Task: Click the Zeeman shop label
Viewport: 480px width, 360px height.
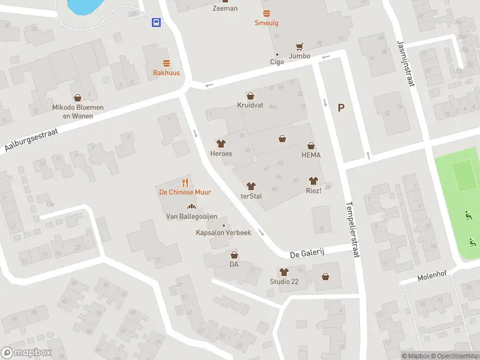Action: (225, 8)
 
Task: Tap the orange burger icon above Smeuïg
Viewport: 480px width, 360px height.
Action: (266, 13)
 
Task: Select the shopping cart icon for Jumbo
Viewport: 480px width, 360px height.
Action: (299, 46)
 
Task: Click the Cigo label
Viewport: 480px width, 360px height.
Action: (277, 61)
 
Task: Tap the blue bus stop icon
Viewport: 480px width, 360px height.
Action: (156, 23)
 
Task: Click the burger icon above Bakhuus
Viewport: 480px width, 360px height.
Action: (166, 63)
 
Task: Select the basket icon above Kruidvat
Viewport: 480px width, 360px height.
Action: (250, 95)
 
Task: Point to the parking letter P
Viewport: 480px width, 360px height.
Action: (341, 108)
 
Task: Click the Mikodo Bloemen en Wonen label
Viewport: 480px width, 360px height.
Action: (77, 112)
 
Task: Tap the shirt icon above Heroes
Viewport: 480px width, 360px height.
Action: (221, 143)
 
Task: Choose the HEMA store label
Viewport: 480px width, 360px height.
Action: (311, 155)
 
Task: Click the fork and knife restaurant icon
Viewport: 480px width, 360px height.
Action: (185, 182)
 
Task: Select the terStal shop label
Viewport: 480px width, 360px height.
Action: (253, 196)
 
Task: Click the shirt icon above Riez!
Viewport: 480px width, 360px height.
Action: (312, 180)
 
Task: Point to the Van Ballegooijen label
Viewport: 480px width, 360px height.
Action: (191, 216)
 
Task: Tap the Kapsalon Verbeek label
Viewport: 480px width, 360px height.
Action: (223, 233)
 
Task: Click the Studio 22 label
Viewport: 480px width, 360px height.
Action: (284, 282)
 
